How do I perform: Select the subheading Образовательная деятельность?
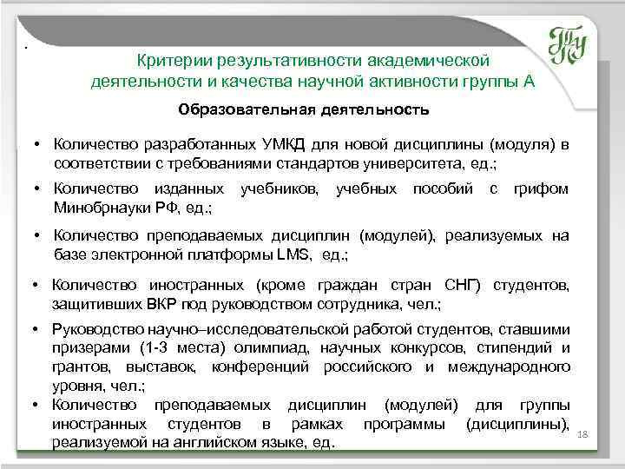pyautogui.click(x=303, y=110)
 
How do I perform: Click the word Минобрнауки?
pyautogui.click(x=93, y=208)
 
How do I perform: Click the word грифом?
pyautogui.click(x=543, y=188)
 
